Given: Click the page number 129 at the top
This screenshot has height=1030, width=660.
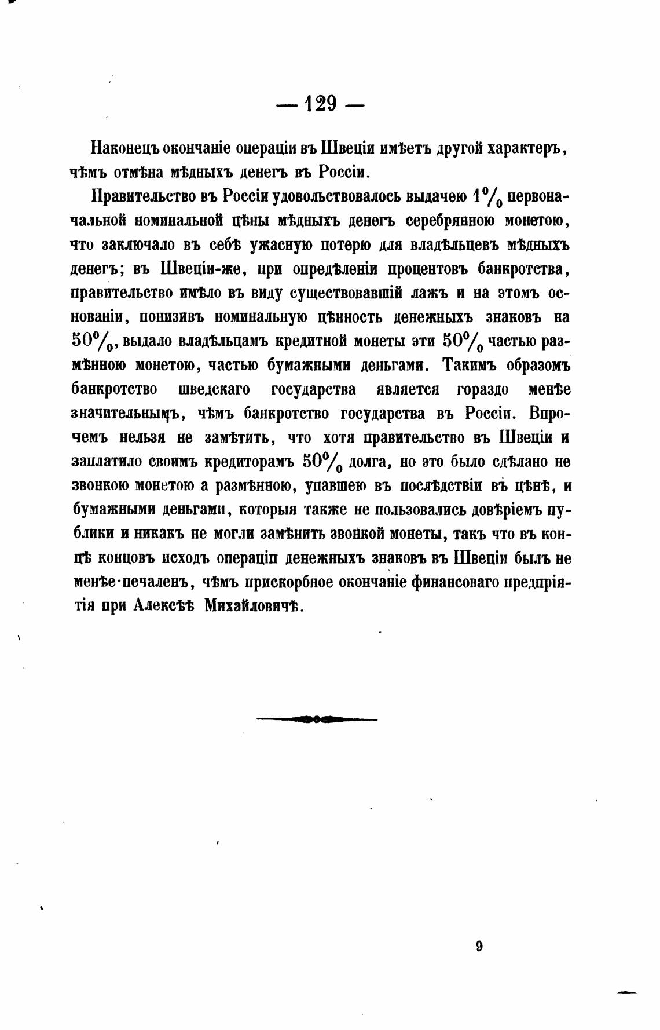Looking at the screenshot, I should click(x=320, y=104).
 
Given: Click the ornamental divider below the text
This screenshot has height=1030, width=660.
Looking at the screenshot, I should click(x=317, y=719).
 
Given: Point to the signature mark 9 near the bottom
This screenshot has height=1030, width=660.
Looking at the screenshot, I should click(x=479, y=947).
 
